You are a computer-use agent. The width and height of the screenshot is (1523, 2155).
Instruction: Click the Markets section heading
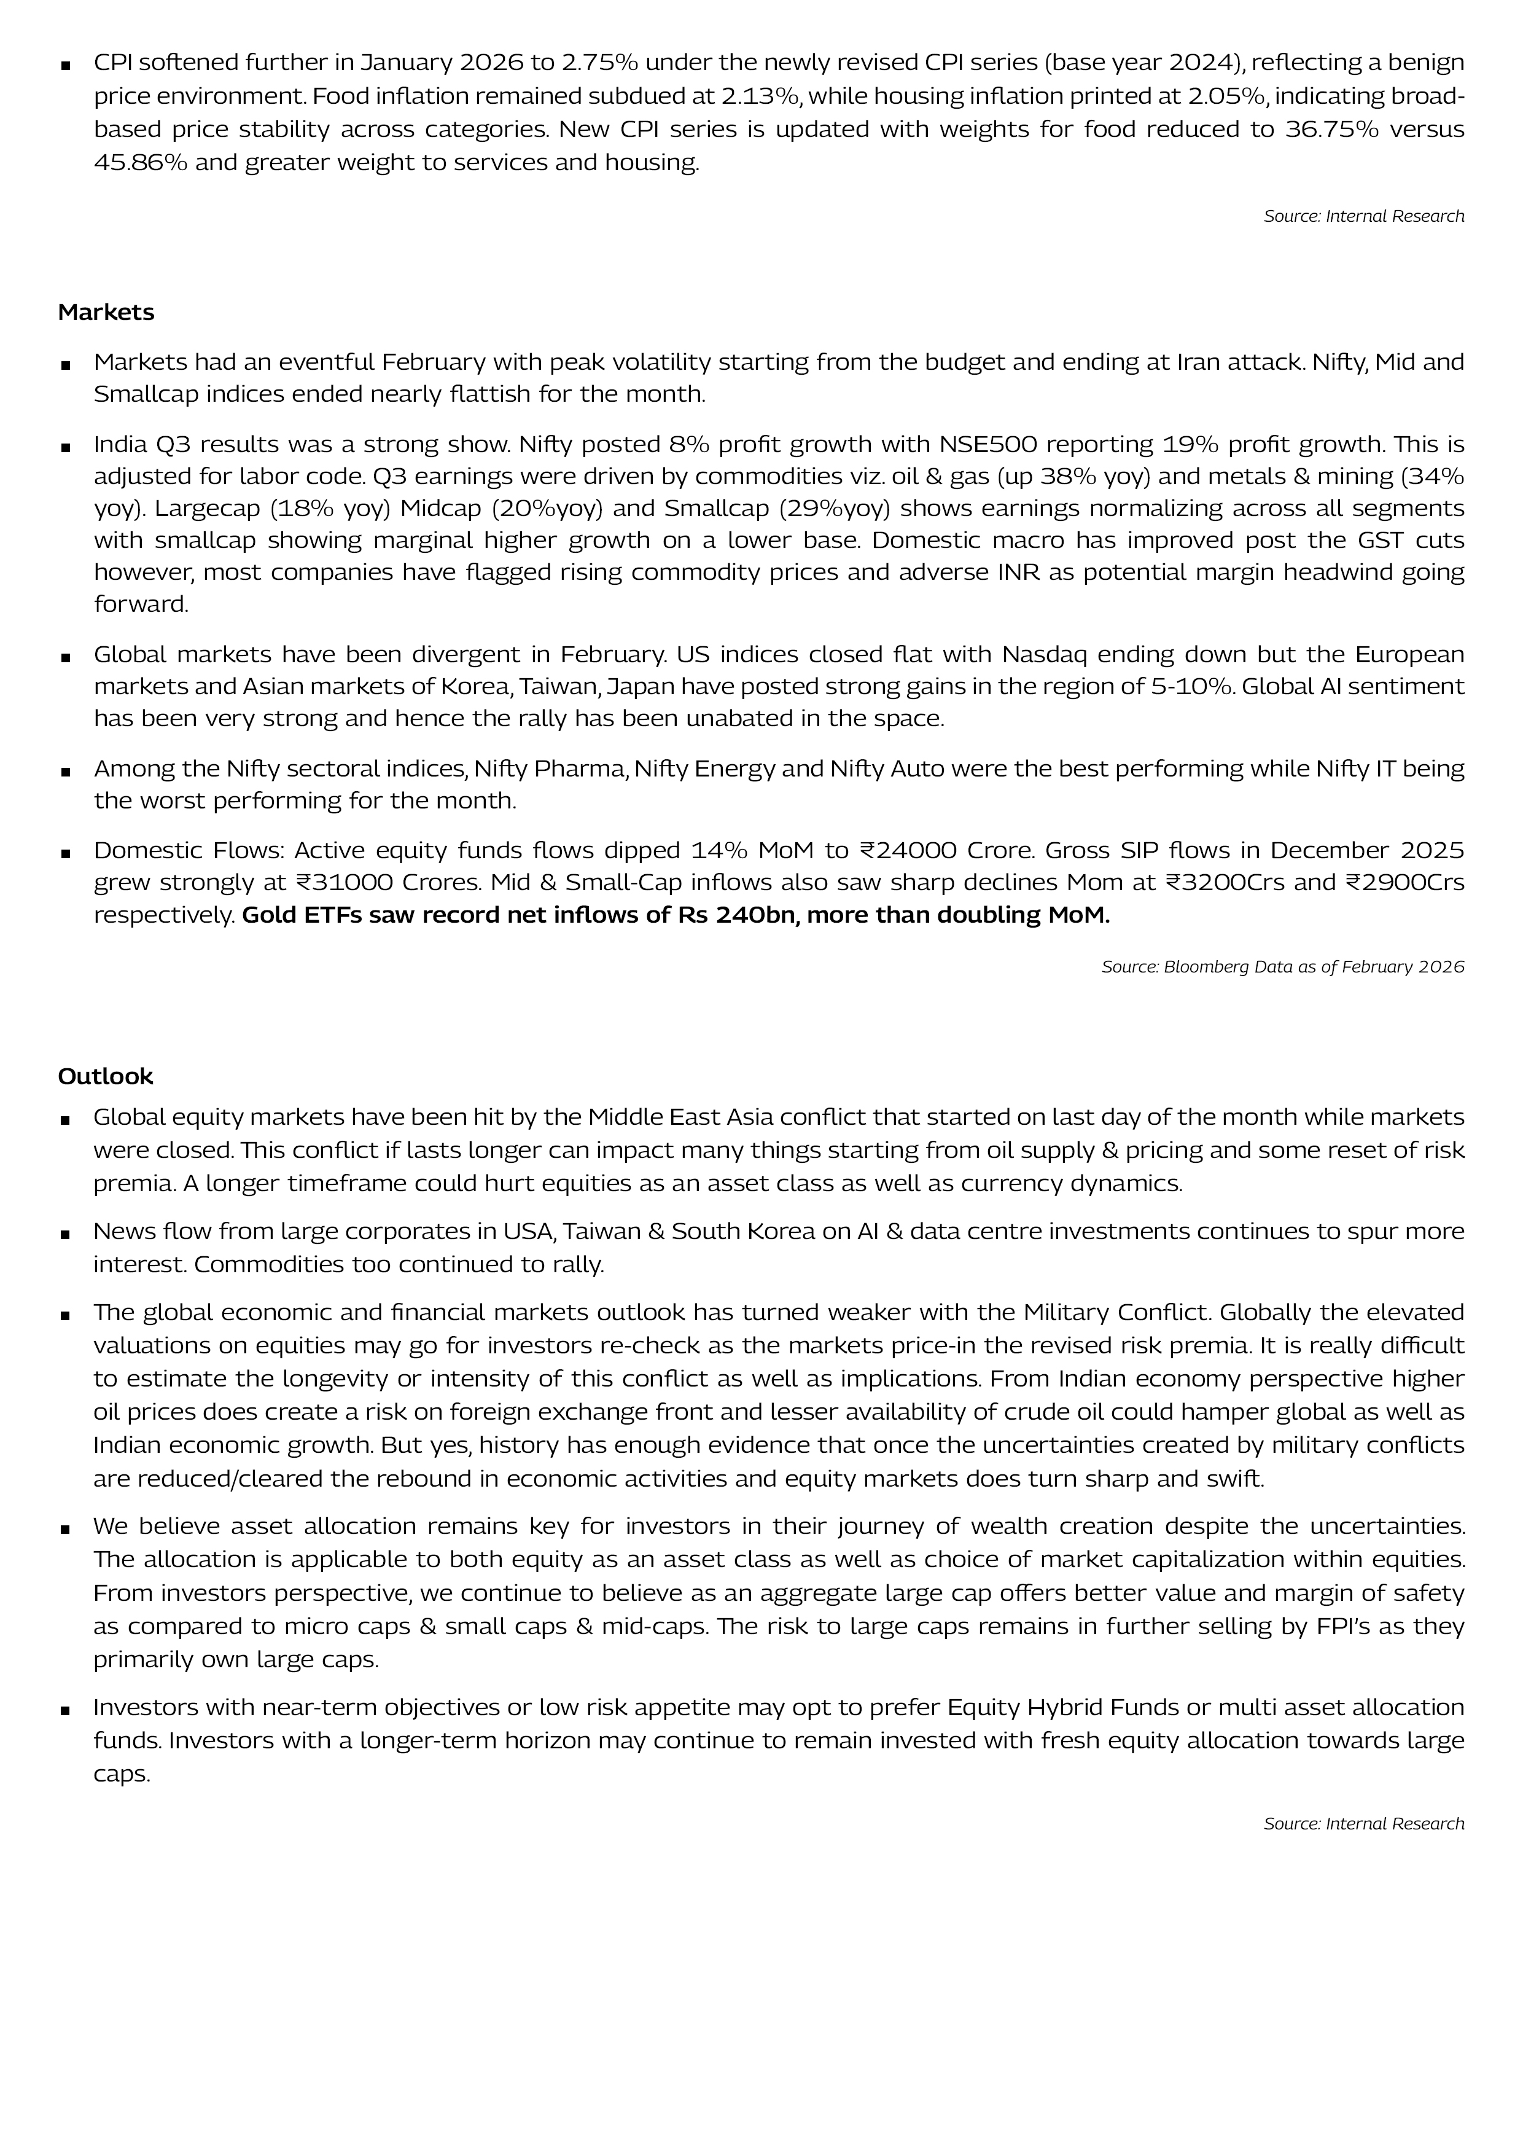[x=106, y=313]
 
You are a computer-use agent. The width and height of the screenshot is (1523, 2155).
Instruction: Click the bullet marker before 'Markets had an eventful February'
[x=66, y=364]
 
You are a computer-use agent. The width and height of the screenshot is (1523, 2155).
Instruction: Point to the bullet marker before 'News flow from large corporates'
[x=66, y=1234]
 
